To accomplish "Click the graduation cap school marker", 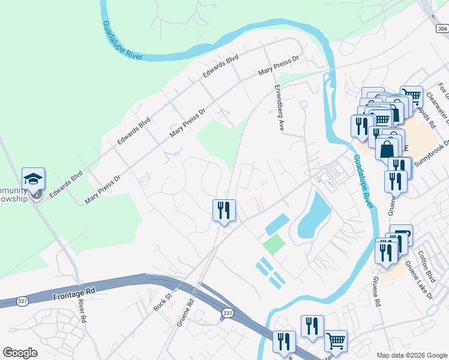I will pyautogui.click(x=33, y=179).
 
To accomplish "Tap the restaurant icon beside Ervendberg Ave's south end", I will pyautogui.click(x=224, y=211).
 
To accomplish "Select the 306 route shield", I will pyautogui.click(x=441, y=28).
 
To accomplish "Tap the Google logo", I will pyautogui.click(x=20, y=353).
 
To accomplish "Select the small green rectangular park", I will pyautogui.click(x=273, y=244).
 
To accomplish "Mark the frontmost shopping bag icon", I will pyautogui.click(x=388, y=148).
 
